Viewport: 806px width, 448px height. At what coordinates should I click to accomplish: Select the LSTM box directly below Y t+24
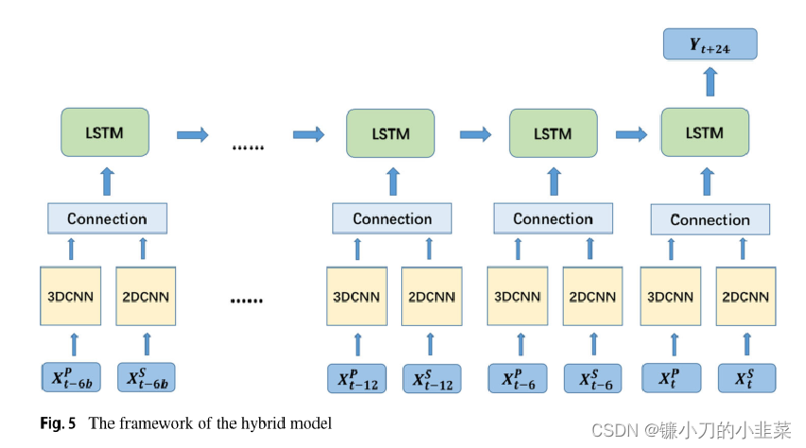pyautogui.click(x=705, y=133)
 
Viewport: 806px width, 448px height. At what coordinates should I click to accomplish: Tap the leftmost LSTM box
pyautogui.click(x=106, y=132)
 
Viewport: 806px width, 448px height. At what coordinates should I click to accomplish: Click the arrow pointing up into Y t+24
pyautogui.click(x=710, y=83)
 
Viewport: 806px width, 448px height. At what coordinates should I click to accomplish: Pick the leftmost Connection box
pyautogui.click(x=107, y=218)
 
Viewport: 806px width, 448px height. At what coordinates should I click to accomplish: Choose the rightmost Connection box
pyautogui.click(x=710, y=219)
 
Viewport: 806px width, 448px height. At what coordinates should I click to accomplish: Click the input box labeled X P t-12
pyautogui.click(x=357, y=379)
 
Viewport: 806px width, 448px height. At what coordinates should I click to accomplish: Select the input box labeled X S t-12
pyautogui.click(x=431, y=379)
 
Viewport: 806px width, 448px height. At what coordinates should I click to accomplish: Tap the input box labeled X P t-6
pyautogui.click(x=517, y=378)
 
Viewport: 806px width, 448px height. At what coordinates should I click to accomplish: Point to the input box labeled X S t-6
pyautogui.click(x=593, y=378)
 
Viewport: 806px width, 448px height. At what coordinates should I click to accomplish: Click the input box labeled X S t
pyautogui.click(x=745, y=378)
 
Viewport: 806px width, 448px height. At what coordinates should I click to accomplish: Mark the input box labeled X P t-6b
pyautogui.click(x=70, y=378)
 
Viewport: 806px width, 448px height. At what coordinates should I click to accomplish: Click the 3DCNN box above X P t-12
pyautogui.click(x=357, y=297)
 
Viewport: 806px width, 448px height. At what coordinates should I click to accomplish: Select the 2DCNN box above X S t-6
pyautogui.click(x=593, y=296)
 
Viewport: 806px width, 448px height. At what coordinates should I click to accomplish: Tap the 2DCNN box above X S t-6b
pyautogui.click(x=146, y=296)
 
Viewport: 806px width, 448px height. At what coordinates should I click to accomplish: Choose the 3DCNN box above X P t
pyautogui.click(x=671, y=296)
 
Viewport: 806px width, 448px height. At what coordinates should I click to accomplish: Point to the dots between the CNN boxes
pyautogui.click(x=246, y=301)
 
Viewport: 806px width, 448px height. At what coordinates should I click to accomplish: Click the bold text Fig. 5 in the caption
pyautogui.click(x=60, y=423)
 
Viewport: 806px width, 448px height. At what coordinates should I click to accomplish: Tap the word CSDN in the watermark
pyautogui.click(x=610, y=430)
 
